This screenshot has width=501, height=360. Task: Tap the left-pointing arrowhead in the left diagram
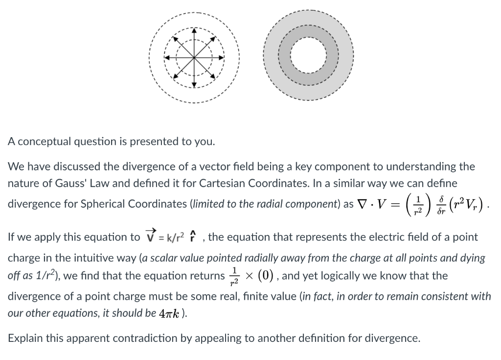(166, 57)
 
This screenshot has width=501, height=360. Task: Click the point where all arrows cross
(194, 57)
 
